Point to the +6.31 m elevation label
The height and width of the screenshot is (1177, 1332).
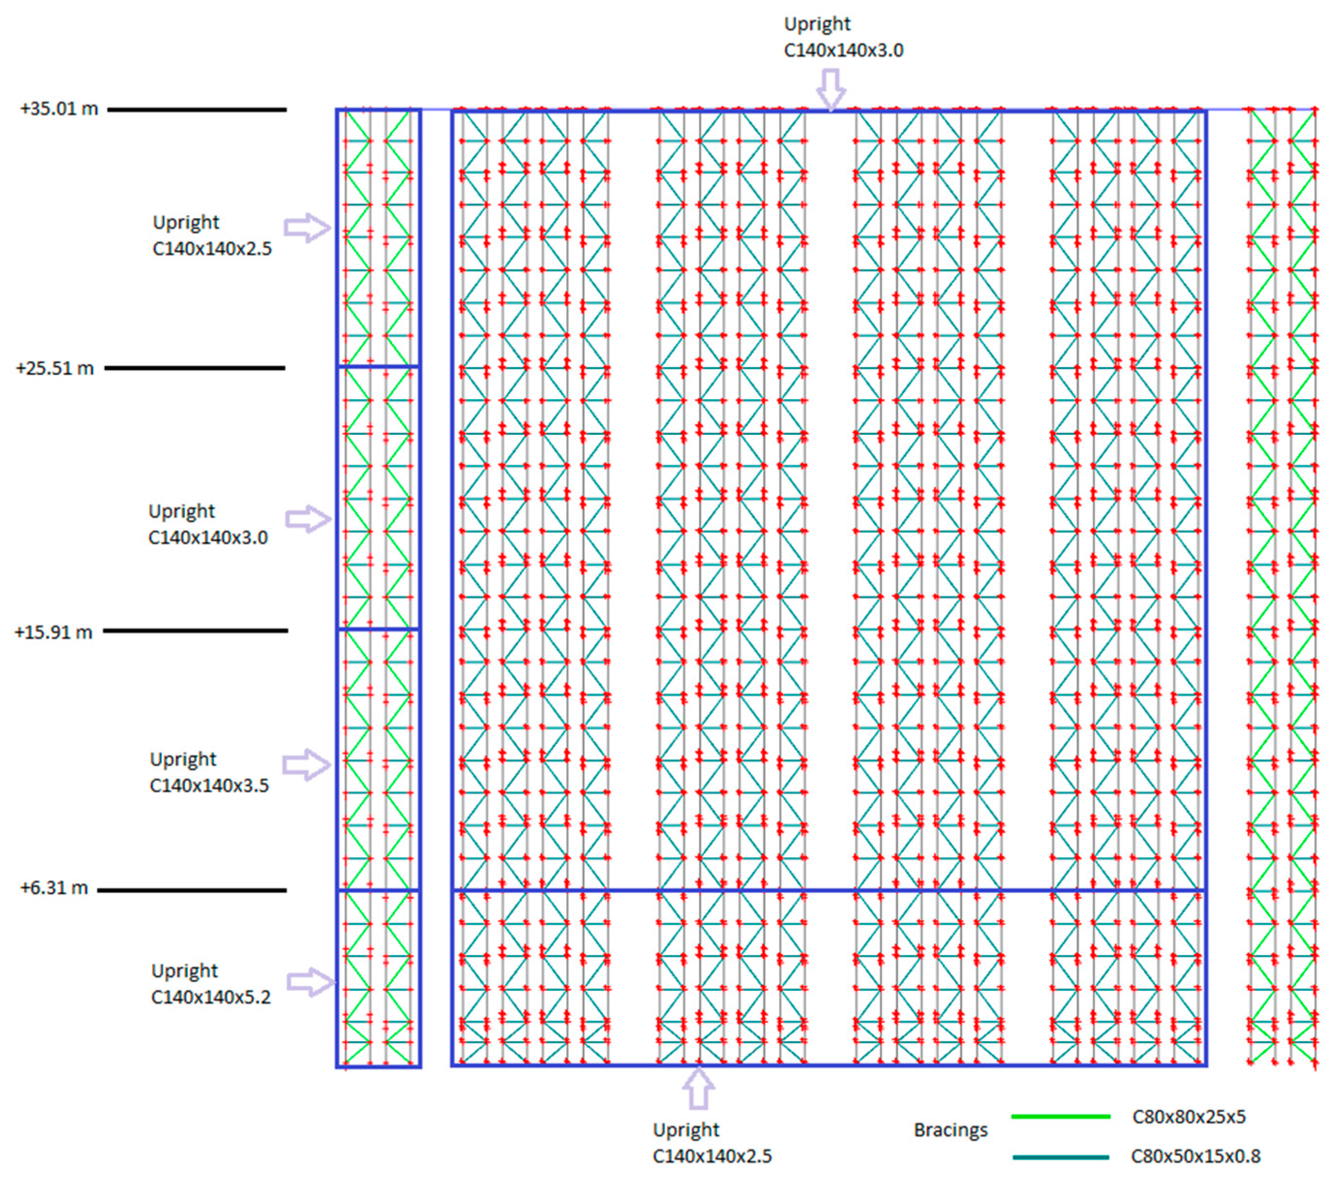pyautogui.click(x=54, y=888)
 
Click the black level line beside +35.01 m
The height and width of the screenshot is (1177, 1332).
pyautogui.click(x=197, y=109)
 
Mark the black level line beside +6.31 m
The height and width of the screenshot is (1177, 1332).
pyautogui.click(x=192, y=890)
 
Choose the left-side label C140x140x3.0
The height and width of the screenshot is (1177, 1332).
pyautogui.click(x=208, y=537)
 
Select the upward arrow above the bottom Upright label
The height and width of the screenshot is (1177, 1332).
pyautogui.click(x=698, y=1087)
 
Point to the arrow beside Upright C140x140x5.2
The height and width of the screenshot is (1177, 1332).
pyautogui.click(x=310, y=982)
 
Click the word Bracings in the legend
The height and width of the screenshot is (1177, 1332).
pyautogui.click(x=950, y=1130)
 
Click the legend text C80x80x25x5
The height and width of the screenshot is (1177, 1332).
pyautogui.click(x=1189, y=1117)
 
